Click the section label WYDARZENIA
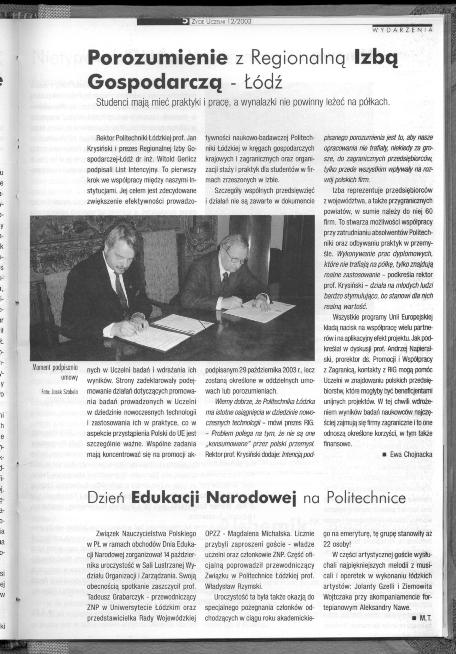pyautogui.click(x=402, y=29)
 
